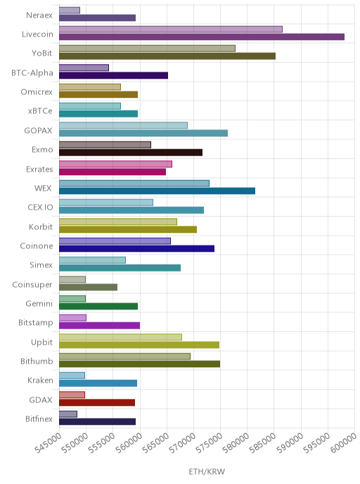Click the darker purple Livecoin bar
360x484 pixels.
point(202,37)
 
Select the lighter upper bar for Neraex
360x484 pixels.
point(70,10)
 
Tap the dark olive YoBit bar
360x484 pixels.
point(167,56)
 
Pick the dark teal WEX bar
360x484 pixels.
point(157,191)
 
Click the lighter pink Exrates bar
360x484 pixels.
point(116,164)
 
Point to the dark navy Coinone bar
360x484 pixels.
point(136,249)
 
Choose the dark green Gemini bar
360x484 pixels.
point(98,307)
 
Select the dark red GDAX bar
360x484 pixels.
point(97,402)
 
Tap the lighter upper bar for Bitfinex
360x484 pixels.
point(68,414)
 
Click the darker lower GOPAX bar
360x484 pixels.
point(143,133)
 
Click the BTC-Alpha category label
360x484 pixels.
point(32,73)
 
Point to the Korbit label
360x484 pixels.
point(41,227)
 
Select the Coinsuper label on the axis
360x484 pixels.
point(32,285)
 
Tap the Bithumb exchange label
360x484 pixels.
point(37,361)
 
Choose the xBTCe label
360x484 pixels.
point(40,111)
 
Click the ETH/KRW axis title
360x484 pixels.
point(207,471)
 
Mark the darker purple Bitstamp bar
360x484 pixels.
point(99,326)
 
